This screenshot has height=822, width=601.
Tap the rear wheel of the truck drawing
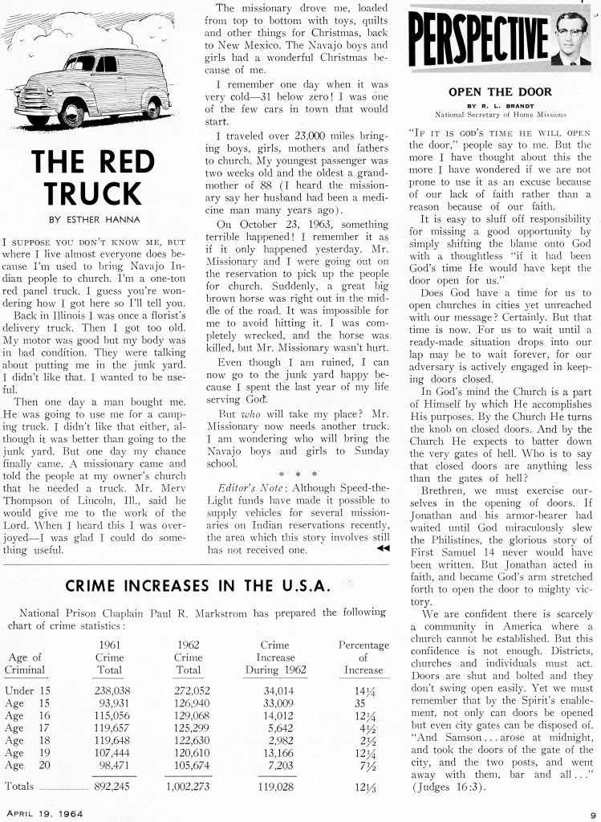click(x=151, y=107)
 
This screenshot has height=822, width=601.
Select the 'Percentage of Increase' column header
click(x=363, y=657)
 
